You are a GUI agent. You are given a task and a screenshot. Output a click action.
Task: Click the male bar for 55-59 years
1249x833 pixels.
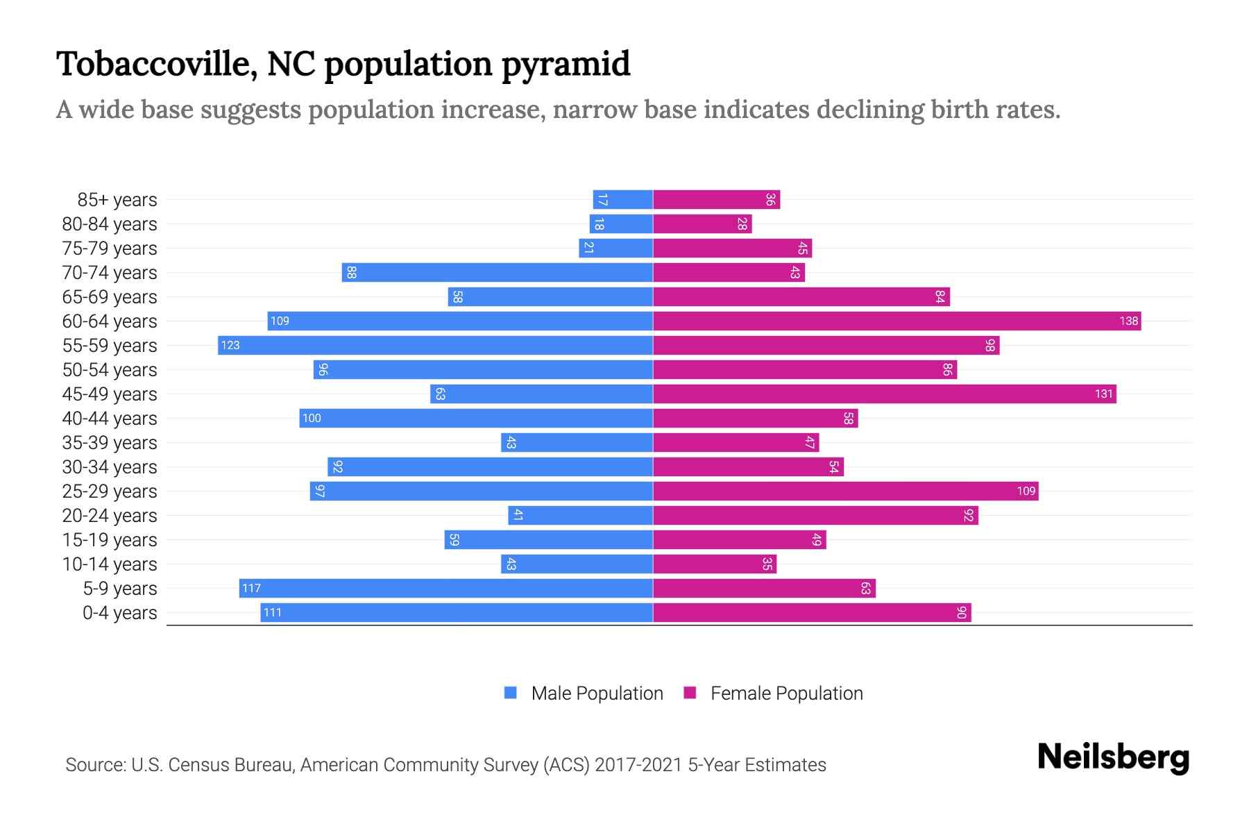click(435, 345)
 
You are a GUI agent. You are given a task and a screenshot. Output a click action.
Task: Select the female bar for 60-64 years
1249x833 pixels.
click(897, 321)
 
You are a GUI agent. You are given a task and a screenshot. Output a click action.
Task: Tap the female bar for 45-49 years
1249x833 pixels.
click(884, 394)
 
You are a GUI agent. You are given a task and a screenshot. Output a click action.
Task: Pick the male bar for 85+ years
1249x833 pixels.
click(622, 199)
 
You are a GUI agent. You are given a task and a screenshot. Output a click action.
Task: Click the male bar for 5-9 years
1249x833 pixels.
click(445, 588)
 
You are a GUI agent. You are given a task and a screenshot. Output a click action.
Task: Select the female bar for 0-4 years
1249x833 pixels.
click(812, 612)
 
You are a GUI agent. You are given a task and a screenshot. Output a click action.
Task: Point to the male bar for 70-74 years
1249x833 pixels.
click(497, 272)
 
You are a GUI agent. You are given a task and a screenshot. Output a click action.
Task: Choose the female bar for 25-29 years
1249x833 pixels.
click(845, 491)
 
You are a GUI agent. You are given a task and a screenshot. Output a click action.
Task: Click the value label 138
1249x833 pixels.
click(1128, 321)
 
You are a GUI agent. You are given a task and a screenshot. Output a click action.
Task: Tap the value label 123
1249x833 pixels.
click(230, 345)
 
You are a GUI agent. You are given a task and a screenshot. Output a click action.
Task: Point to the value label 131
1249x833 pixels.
click(1103, 394)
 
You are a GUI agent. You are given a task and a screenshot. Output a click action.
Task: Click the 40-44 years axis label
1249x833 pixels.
click(110, 419)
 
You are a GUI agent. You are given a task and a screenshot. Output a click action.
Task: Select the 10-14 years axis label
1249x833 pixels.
click(110, 564)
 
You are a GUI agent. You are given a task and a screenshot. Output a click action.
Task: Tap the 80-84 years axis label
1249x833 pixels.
click(110, 224)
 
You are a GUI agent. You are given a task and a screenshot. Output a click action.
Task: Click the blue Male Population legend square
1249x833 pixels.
click(511, 693)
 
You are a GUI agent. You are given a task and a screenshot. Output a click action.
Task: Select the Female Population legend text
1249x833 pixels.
click(786, 693)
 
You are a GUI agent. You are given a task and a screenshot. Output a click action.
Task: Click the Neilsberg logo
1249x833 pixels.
click(1113, 757)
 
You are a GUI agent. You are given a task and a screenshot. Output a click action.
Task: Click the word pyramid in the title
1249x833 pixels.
click(566, 64)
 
